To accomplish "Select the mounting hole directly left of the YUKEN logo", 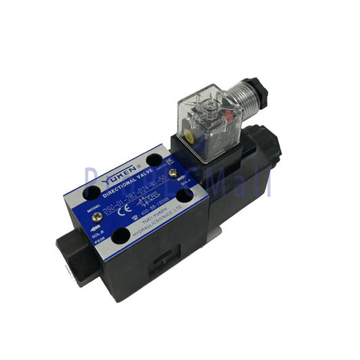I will (x=93, y=194).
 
